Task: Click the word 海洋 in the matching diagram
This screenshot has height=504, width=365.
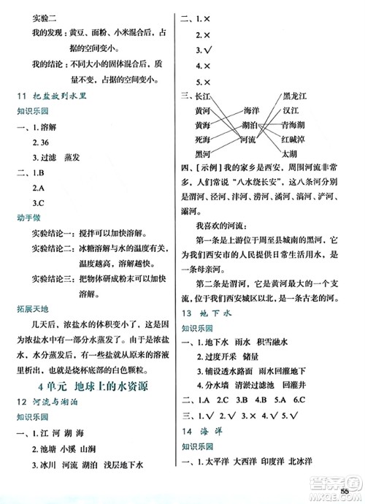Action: pos(250,111)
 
